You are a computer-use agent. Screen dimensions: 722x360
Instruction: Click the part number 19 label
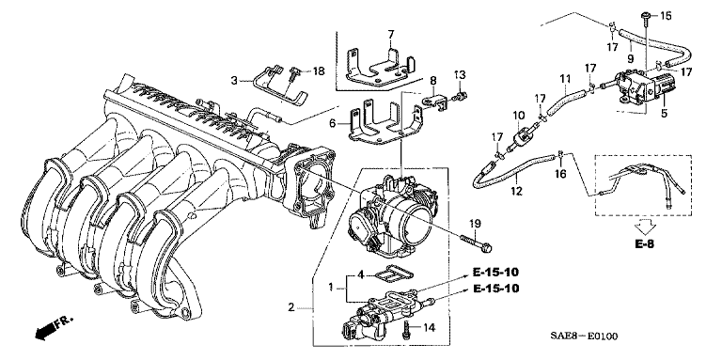coord(475,224)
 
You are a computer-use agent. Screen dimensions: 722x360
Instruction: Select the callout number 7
coord(391,34)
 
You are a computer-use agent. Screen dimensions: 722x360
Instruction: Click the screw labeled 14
coord(407,329)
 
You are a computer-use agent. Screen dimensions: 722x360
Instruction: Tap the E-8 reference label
coord(644,244)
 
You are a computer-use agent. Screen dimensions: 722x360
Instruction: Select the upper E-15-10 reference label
coord(495,272)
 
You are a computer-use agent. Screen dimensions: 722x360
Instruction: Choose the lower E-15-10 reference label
coord(495,289)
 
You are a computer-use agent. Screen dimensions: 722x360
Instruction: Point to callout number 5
coord(664,112)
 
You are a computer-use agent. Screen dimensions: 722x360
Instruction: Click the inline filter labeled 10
coord(519,137)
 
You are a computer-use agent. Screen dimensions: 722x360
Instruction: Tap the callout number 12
coord(517,191)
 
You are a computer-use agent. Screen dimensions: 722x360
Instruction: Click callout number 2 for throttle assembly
coord(291,307)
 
